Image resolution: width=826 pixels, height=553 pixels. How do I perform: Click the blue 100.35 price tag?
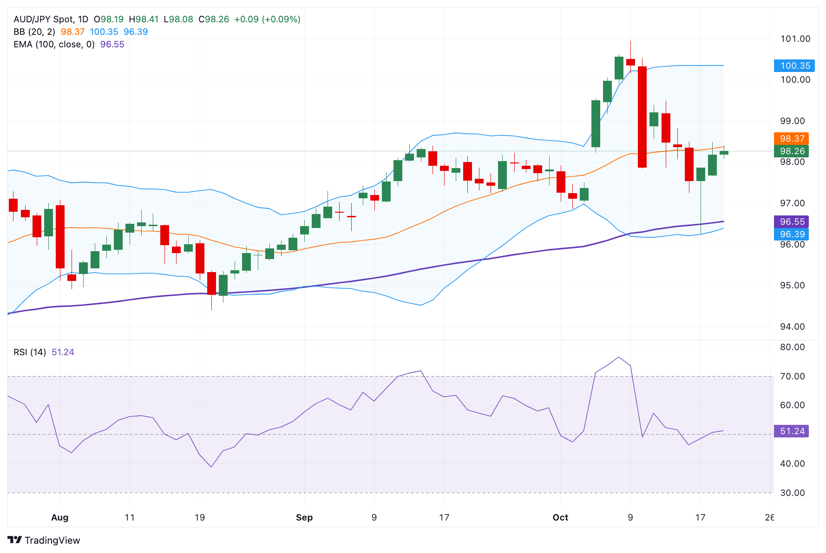(x=794, y=65)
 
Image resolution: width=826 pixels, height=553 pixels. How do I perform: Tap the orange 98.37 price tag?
(x=791, y=138)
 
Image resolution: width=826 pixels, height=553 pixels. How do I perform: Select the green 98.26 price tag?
(x=791, y=151)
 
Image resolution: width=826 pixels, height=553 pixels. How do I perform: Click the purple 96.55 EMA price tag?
(x=791, y=221)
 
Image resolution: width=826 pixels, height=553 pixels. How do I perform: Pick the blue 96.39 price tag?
(x=791, y=234)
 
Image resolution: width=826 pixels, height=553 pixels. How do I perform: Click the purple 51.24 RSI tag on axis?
(x=791, y=431)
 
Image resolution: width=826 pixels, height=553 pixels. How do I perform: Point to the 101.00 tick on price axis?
(x=795, y=39)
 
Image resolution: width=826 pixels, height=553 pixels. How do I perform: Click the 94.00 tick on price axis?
(x=792, y=326)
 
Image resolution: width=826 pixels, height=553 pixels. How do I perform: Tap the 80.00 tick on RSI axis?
(x=792, y=347)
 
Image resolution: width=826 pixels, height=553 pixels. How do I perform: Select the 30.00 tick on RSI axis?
(x=792, y=493)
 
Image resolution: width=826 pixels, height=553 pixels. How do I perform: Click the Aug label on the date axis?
(x=60, y=517)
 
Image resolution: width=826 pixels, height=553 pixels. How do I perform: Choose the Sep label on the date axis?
(x=304, y=517)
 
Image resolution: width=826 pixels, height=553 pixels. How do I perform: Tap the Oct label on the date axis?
(x=560, y=517)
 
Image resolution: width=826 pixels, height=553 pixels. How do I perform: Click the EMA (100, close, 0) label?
(x=54, y=44)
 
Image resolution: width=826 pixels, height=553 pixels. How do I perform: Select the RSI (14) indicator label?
(x=30, y=352)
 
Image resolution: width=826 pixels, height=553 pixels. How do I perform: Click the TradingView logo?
(x=44, y=540)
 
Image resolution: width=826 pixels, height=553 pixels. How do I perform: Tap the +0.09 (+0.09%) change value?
(x=267, y=19)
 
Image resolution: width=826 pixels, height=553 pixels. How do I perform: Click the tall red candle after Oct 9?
(x=642, y=117)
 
